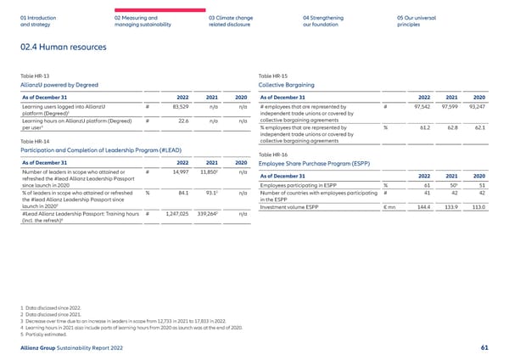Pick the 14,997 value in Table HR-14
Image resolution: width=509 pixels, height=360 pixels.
pyautogui.click(x=180, y=172)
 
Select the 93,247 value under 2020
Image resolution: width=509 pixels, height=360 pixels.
pyautogui.click(x=475, y=106)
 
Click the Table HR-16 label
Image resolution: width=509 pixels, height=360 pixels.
pyautogui.click(x=273, y=155)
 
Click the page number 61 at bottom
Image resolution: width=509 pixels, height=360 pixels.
pyautogui.click(x=484, y=348)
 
